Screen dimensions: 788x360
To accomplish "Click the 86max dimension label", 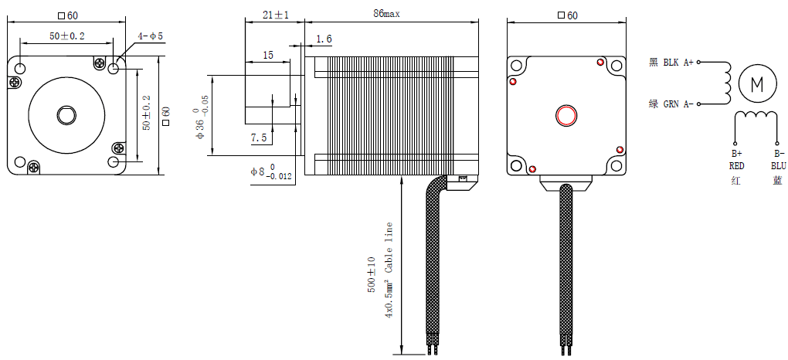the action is click(386, 14).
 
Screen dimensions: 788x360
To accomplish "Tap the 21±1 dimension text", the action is click(275, 15).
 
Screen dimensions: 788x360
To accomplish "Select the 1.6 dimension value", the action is click(324, 39).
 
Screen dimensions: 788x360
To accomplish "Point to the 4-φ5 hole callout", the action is click(151, 36).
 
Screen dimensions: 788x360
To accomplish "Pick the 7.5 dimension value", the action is click(259, 138).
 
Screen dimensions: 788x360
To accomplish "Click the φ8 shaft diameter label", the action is click(271, 172).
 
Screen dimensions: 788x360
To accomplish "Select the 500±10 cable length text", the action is click(372, 274).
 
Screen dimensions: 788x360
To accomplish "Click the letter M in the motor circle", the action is click(756, 83).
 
